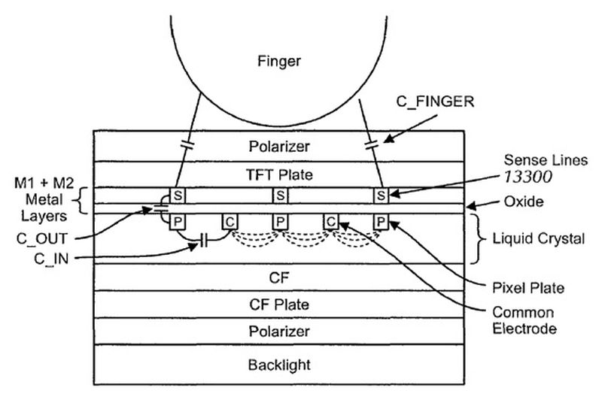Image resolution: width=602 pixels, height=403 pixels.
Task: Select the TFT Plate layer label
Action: pyautogui.click(x=279, y=175)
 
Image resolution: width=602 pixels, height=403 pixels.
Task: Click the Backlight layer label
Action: pyautogui.click(x=279, y=365)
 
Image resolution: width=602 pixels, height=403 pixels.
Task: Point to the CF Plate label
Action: pyautogui.click(x=279, y=305)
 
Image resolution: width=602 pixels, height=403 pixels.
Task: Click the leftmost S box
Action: pyautogui.click(x=178, y=195)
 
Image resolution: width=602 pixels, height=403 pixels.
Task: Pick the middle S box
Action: pyautogui.click(x=280, y=195)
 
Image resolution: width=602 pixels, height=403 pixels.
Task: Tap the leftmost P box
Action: pyautogui.click(x=178, y=222)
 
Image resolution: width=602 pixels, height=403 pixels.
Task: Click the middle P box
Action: pyautogui.click(x=280, y=222)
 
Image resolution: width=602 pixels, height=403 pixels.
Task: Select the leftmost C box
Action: pyautogui.click(x=230, y=222)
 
